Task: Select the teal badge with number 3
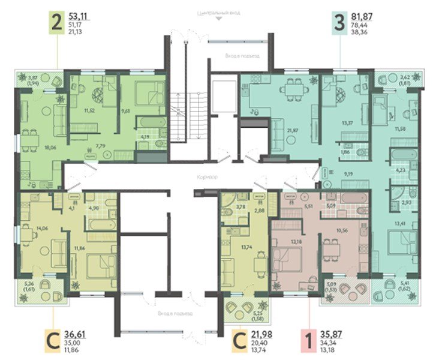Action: click(x=339, y=23)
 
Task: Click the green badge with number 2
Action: click(x=57, y=23)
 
